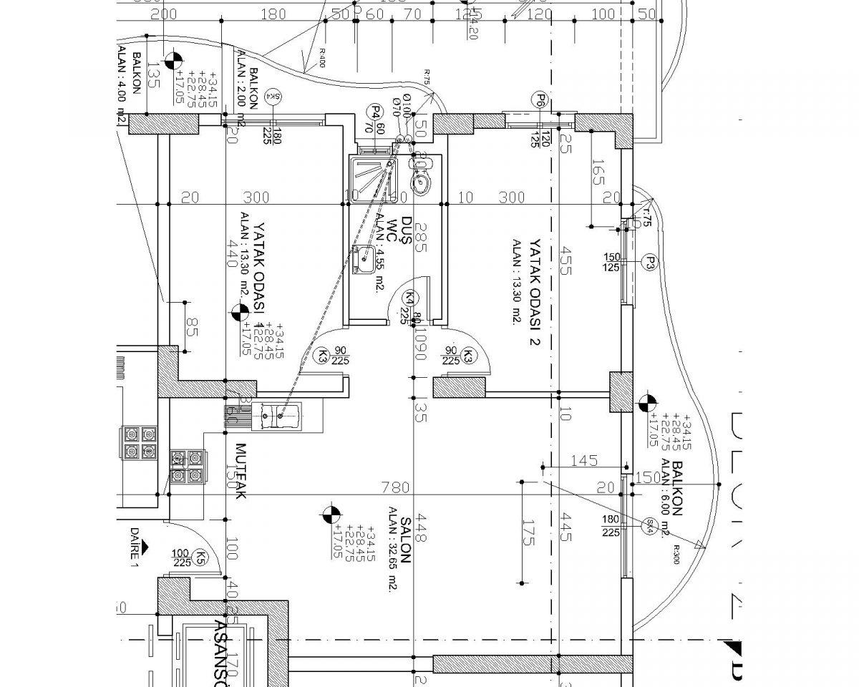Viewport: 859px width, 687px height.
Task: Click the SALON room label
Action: (x=404, y=540)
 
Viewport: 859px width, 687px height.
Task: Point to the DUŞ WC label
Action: (x=402, y=233)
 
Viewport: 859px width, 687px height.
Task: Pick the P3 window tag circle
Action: (x=649, y=262)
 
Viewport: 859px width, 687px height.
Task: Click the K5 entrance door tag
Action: (x=203, y=556)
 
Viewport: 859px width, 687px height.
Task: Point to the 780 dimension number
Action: (x=394, y=488)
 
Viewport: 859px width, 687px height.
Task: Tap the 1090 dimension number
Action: (x=422, y=345)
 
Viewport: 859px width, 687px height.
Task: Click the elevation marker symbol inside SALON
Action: (x=330, y=513)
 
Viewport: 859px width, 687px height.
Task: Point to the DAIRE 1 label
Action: (x=133, y=547)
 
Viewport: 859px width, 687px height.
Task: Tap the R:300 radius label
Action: (x=676, y=554)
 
